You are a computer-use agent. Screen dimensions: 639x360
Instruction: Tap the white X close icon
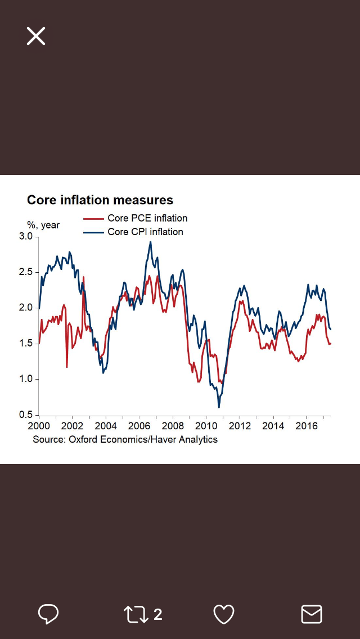[x=35, y=36]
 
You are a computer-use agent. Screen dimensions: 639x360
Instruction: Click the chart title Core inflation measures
[x=100, y=200]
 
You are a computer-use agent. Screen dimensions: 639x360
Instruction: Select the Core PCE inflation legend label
[x=147, y=218]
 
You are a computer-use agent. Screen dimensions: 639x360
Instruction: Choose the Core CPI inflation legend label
[x=145, y=232]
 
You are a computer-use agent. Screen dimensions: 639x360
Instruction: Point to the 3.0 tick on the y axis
[x=26, y=237]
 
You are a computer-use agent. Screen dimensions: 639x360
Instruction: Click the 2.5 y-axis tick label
[x=26, y=272]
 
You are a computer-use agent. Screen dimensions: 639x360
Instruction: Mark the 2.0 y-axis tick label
[x=26, y=308]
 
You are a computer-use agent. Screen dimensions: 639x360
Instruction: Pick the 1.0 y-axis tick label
[x=26, y=379]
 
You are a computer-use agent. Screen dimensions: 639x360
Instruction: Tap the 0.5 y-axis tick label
[x=26, y=415]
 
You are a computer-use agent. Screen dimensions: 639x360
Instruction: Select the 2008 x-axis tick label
[x=173, y=426]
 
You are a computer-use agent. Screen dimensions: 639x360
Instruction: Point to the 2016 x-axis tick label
[x=306, y=426]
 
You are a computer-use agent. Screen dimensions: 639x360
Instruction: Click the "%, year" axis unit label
[x=43, y=225]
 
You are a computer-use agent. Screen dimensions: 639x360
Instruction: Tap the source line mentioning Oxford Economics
[x=125, y=439]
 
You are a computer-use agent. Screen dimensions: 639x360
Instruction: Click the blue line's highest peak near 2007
[x=150, y=242]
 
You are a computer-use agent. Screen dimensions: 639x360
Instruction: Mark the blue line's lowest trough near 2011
[x=219, y=407]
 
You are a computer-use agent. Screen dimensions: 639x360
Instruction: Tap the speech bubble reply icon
[x=48, y=614]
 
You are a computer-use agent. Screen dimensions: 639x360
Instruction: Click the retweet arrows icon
[x=136, y=614]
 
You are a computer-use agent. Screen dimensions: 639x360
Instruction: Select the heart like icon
[x=224, y=614]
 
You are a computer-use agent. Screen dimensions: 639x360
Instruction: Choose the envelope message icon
[x=312, y=614]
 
